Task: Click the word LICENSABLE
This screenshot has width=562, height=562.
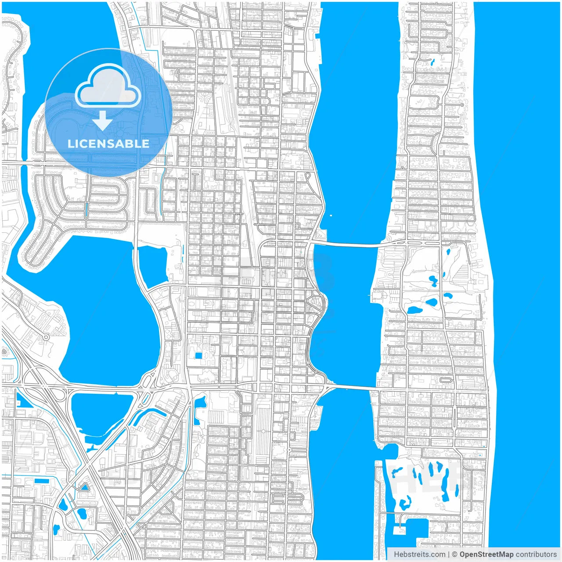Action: [x=108, y=144]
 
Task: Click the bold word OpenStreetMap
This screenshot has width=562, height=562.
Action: [x=486, y=555]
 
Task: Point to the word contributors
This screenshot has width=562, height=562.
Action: [x=536, y=555]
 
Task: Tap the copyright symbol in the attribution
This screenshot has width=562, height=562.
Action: [x=454, y=555]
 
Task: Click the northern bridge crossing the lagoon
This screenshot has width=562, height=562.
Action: [x=347, y=244]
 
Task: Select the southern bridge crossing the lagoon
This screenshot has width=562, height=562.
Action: [x=351, y=386]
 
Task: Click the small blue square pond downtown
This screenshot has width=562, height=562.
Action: [x=198, y=355]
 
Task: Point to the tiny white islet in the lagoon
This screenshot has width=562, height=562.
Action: [x=331, y=216]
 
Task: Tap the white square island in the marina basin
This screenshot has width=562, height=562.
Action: [x=399, y=530]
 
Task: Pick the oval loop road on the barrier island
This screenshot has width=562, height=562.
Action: [x=446, y=379]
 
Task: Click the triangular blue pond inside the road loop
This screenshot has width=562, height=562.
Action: [x=83, y=487]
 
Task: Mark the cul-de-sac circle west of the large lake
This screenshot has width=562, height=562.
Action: [x=46, y=338]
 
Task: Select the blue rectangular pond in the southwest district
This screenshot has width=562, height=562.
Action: [x=42, y=481]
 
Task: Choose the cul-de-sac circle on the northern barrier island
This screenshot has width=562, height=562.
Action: [x=462, y=105]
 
